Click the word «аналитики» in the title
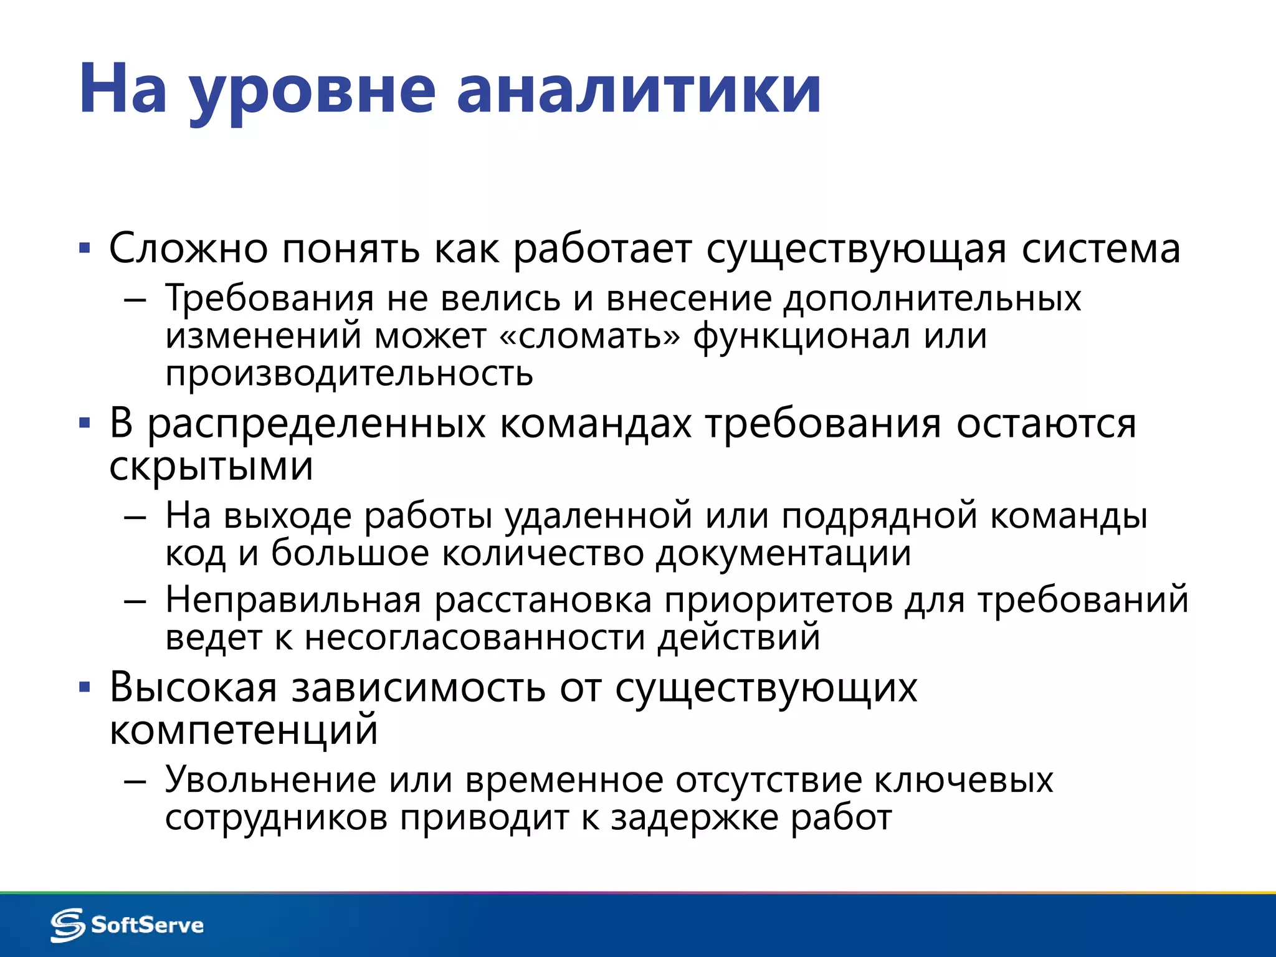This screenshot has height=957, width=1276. (x=639, y=90)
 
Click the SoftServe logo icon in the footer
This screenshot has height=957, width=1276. (x=67, y=925)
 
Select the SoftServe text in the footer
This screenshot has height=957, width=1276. (x=147, y=925)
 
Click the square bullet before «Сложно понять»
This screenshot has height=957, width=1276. (x=85, y=249)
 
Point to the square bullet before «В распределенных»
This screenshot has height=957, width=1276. (x=85, y=424)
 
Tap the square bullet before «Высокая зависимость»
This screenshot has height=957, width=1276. (x=85, y=688)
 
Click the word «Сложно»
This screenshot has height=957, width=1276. (x=189, y=248)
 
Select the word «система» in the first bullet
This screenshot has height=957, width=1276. (x=1101, y=249)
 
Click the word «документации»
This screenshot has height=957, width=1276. (x=783, y=553)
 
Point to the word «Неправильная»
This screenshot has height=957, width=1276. (x=293, y=600)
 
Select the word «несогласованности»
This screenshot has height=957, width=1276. (x=474, y=638)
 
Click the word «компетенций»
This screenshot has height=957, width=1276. (x=244, y=730)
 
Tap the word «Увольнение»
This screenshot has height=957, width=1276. (x=270, y=779)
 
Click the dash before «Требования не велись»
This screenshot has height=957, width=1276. (x=135, y=300)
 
